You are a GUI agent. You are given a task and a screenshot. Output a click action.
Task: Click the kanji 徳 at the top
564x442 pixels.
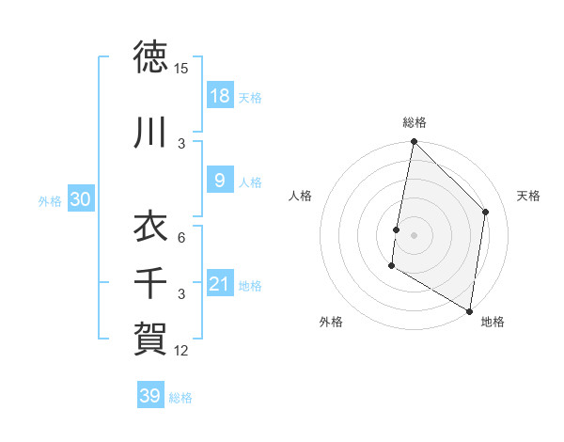(x=150, y=58)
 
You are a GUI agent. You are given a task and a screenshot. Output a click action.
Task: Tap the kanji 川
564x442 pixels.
(x=150, y=134)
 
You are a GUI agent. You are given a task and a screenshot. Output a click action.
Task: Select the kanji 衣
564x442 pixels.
(x=150, y=228)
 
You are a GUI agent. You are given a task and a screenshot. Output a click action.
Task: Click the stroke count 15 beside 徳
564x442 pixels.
(x=181, y=69)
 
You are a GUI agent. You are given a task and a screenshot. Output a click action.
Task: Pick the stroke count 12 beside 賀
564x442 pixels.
(x=181, y=351)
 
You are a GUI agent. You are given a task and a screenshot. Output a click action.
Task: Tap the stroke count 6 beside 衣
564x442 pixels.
(x=181, y=238)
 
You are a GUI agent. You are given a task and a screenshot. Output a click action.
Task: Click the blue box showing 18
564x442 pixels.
(x=219, y=97)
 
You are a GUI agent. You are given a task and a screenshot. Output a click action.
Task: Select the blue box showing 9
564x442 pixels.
(x=219, y=182)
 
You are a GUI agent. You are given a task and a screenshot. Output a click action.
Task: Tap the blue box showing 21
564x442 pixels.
(x=219, y=285)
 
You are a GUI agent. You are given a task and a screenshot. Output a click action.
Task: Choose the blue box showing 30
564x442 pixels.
(x=80, y=200)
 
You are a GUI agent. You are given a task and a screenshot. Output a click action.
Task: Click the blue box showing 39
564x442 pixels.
(x=149, y=397)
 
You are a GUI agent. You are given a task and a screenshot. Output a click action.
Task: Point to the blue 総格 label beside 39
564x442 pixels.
(x=180, y=398)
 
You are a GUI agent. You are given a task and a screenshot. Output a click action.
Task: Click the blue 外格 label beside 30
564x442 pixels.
(x=50, y=201)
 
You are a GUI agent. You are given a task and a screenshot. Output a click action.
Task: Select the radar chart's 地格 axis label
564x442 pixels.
(x=493, y=322)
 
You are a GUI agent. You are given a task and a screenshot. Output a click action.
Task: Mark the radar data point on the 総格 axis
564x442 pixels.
(x=414, y=142)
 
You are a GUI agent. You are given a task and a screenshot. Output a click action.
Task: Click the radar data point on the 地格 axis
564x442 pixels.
(x=469, y=310)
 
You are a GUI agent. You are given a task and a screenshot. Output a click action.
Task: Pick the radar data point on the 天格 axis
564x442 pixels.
(x=486, y=212)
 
